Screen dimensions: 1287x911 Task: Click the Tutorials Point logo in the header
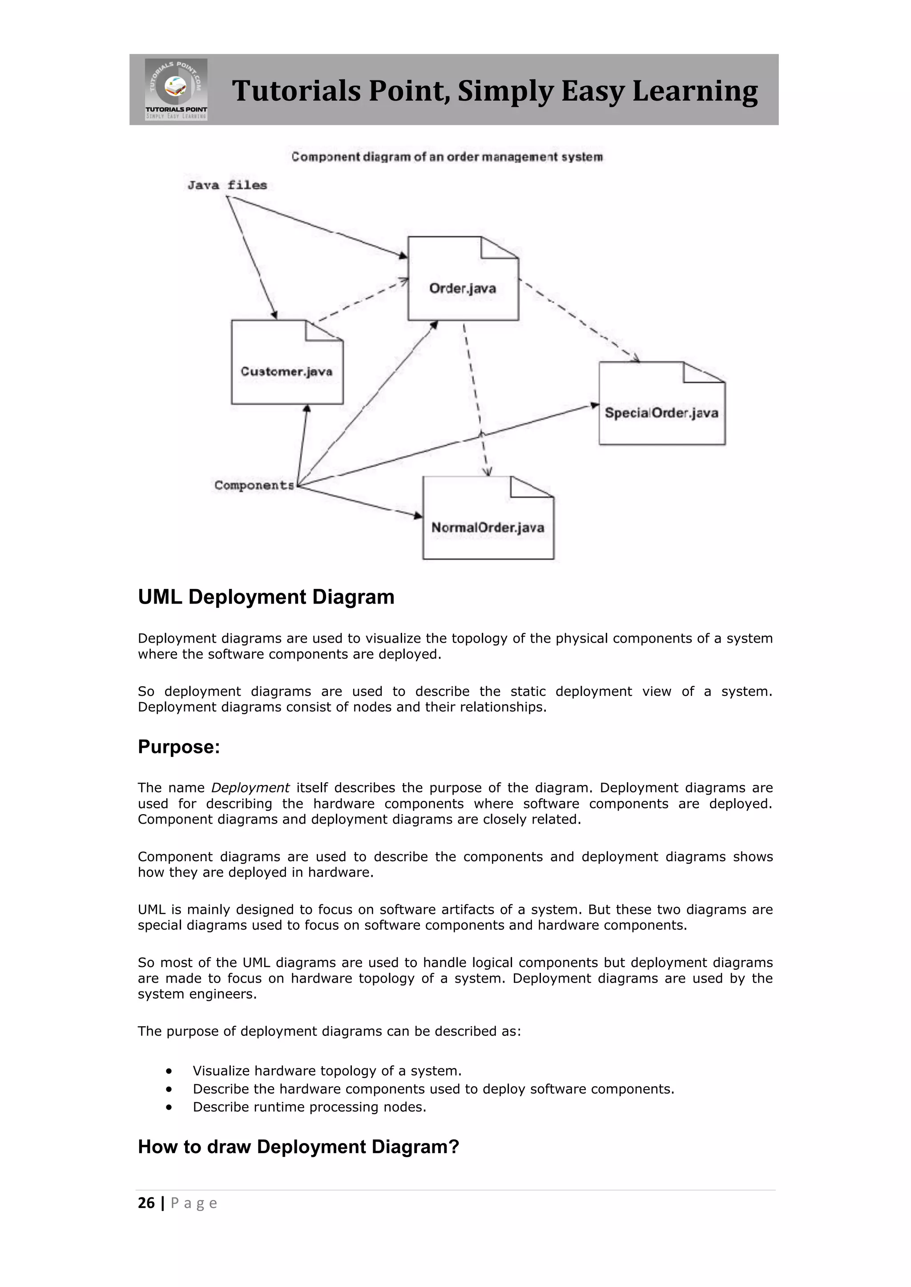[176, 89]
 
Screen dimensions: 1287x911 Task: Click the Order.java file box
[463, 279]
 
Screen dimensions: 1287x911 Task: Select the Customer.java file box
[286, 362]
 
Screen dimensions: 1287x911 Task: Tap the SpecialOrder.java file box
[661, 404]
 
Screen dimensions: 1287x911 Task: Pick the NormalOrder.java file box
[488, 518]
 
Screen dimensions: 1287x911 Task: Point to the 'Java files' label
[227, 185]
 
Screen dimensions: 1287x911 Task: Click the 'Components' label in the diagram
[254, 485]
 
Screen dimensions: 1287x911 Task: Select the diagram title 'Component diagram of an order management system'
[447, 157]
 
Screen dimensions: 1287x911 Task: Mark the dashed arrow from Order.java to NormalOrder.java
[476, 398]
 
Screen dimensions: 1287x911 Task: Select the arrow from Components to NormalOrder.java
[359, 501]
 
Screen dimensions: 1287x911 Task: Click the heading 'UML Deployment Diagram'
[266, 597]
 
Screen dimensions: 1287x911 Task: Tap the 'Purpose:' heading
[179, 747]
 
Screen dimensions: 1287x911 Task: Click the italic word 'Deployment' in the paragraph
[250, 787]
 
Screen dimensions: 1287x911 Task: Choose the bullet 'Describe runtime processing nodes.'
[309, 1107]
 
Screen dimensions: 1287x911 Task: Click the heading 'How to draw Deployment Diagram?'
[298, 1147]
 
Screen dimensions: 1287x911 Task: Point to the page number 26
[146, 1203]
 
